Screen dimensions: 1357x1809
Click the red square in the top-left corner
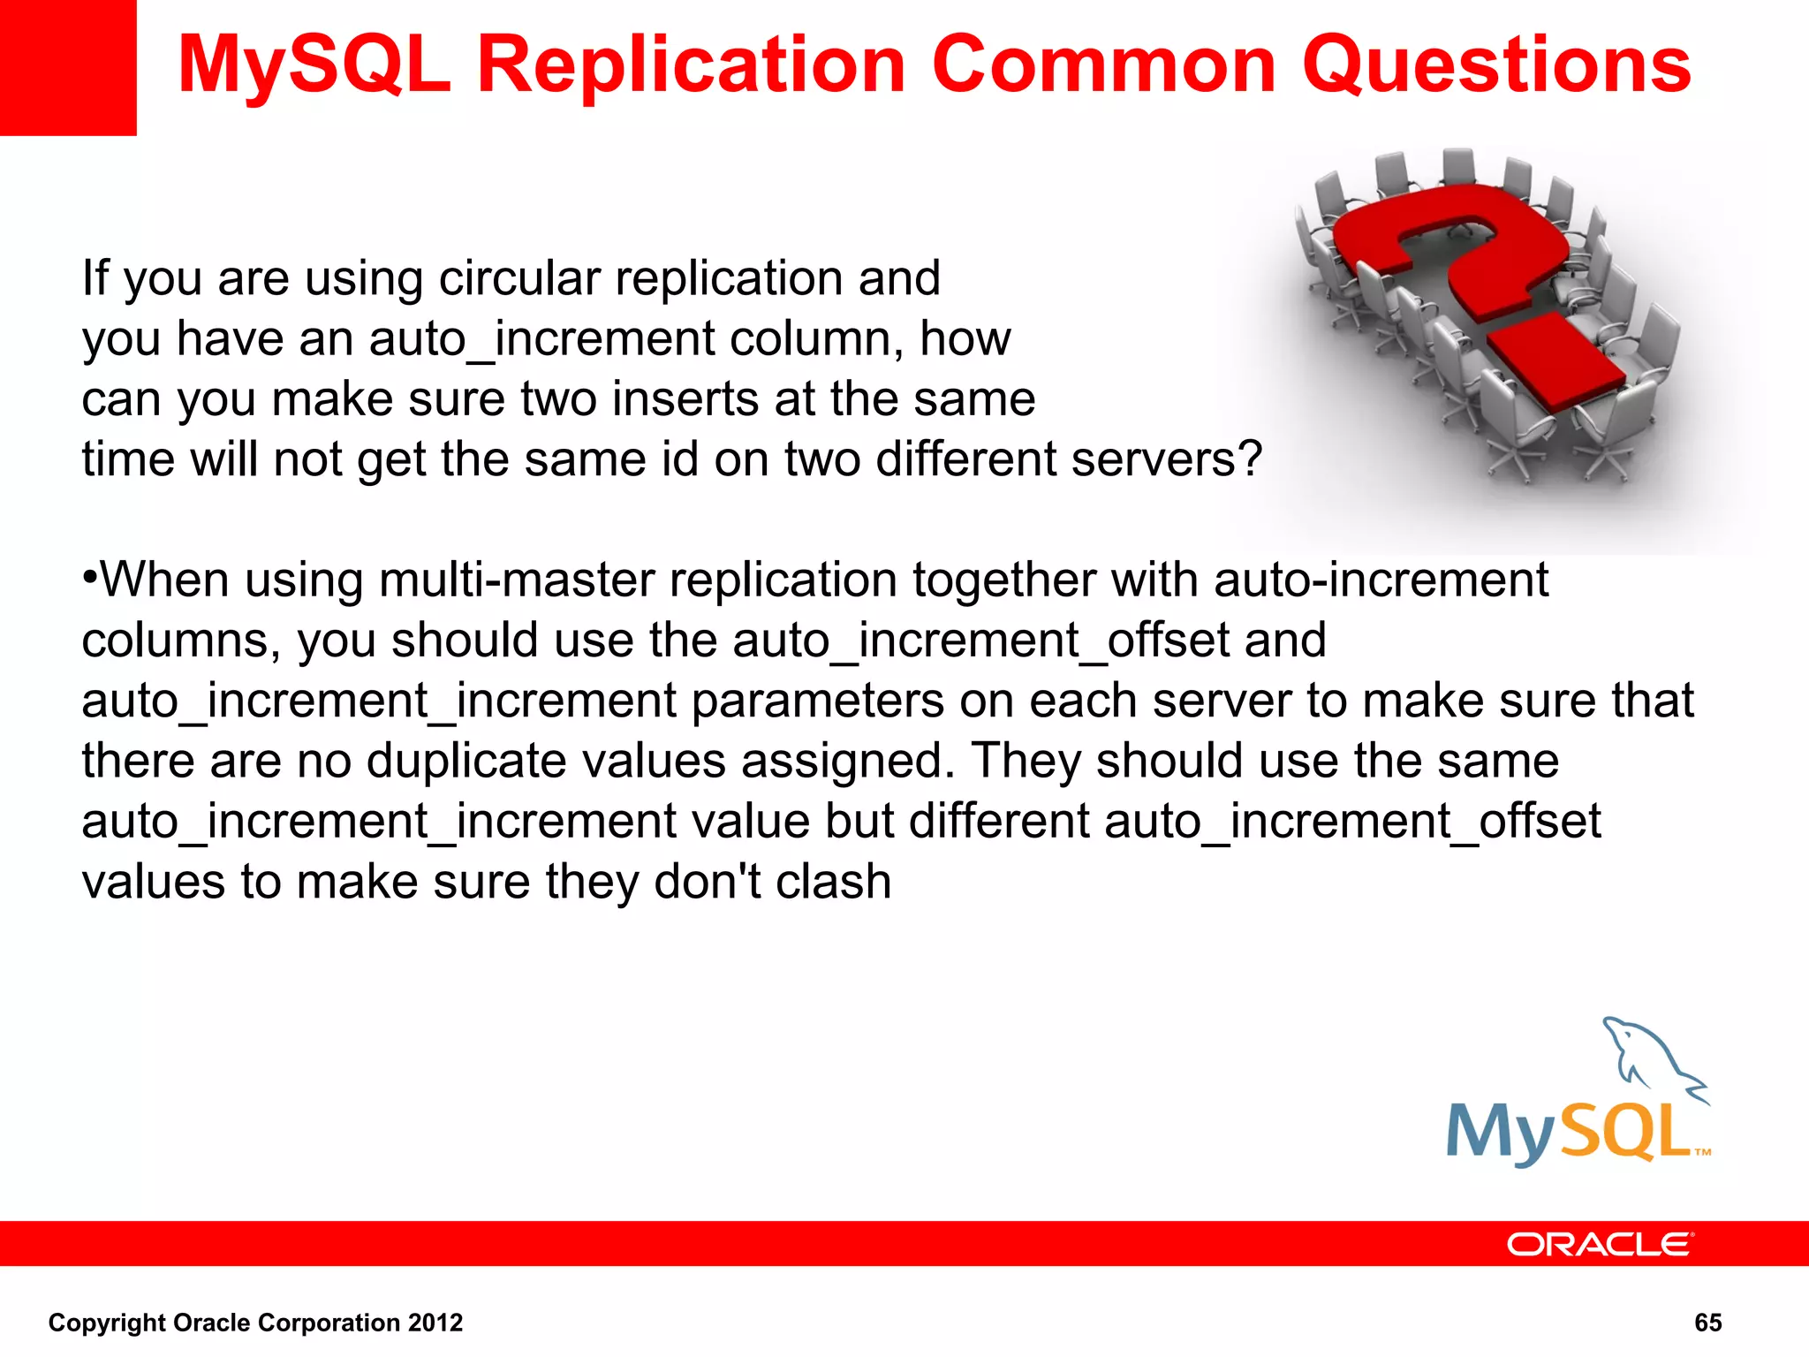(67, 67)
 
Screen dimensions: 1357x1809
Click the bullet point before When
(89, 579)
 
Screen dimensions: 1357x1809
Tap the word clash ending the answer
(833, 882)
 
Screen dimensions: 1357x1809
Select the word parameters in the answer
(817, 701)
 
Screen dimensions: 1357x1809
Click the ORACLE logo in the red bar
(1600, 1244)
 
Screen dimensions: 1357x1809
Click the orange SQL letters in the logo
(1625, 1133)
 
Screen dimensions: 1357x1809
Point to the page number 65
(1707, 1323)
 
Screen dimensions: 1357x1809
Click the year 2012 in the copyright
(435, 1323)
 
